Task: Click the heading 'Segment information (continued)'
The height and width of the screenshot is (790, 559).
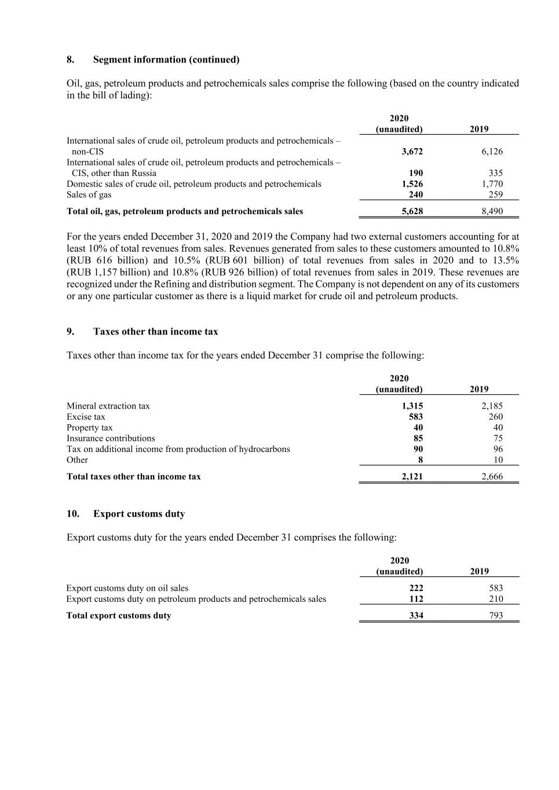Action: point(166,60)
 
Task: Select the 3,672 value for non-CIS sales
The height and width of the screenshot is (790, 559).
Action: point(412,152)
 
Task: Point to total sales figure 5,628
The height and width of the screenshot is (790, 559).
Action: point(412,211)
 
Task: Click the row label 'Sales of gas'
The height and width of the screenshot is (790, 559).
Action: point(89,194)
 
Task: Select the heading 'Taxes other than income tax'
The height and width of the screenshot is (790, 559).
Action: point(155,332)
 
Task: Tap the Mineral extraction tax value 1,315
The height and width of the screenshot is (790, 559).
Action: point(412,406)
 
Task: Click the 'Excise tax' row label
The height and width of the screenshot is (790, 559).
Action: point(86,417)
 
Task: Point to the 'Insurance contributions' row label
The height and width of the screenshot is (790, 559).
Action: point(111,438)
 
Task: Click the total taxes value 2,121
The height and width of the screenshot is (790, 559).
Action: point(412,477)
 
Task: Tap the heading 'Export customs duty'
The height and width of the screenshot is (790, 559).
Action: point(139,514)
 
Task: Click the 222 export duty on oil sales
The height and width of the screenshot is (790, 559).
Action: point(416,588)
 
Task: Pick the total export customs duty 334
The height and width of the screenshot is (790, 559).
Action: point(416,616)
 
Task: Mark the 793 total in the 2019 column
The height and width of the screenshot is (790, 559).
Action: point(495,616)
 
